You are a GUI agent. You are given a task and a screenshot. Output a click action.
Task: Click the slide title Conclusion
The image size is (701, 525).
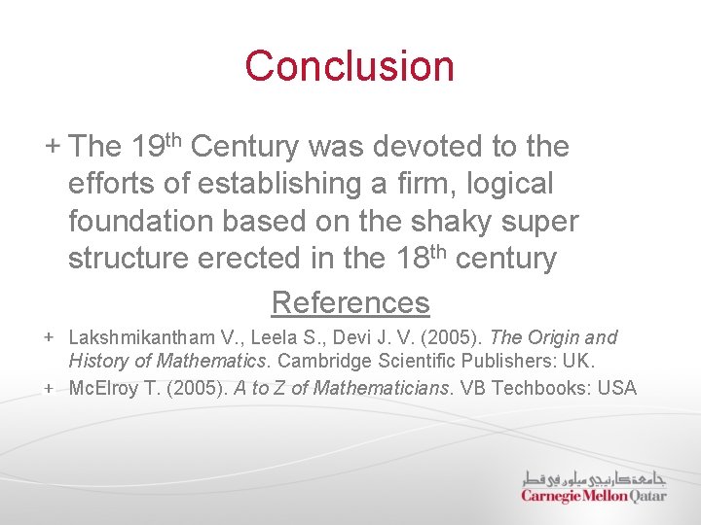click(x=350, y=66)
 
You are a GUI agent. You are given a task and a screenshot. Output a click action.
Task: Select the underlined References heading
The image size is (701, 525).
click(x=350, y=302)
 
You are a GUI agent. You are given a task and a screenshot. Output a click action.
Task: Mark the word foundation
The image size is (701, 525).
click(x=141, y=222)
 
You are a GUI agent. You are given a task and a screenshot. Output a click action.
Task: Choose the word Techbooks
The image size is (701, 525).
click(x=540, y=389)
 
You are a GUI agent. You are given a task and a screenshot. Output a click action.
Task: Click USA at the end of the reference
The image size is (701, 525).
click(x=617, y=389)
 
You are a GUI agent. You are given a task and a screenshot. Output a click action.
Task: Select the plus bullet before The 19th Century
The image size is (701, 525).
click(x=52, y=146)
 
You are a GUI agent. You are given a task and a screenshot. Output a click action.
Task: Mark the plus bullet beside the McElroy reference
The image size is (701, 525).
click(x=49, y=387)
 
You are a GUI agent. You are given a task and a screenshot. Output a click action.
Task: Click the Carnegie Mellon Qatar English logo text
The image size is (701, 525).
click(x=594, y=496)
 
